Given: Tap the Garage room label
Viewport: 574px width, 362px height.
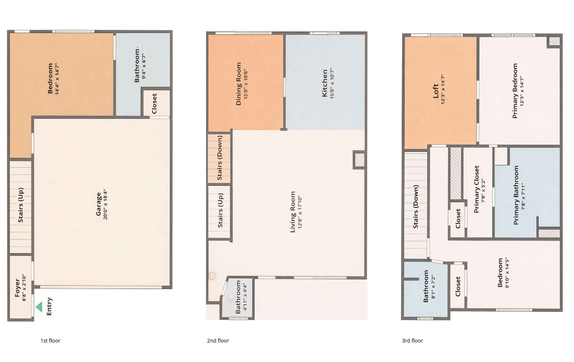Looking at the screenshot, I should tap(98, 204).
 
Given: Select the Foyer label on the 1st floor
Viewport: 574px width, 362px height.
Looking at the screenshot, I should tap(17, 288).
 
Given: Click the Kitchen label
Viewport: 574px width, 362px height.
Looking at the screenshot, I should tap(324, 83).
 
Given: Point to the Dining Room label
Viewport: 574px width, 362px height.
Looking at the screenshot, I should tap(239, 83).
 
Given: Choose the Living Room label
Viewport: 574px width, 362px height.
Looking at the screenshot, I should tap(293, 212).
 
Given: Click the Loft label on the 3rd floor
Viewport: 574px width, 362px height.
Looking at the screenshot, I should tap(435, 91).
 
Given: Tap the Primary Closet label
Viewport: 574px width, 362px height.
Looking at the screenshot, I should tap(477, 189).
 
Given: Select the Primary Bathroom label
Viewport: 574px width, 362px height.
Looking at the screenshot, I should tap(516, 195).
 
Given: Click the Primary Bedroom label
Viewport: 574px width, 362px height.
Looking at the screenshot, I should tap(515, 91).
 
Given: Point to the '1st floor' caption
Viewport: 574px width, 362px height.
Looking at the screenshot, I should tap(50, 341).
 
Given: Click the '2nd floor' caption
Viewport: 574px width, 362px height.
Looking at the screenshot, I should tap(218, 341).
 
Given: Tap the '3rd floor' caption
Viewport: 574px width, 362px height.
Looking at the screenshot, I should tap(412, 341).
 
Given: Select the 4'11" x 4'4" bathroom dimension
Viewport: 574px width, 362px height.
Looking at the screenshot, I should tap(245, 297).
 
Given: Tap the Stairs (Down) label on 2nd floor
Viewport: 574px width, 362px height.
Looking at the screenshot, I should tap(220, 158).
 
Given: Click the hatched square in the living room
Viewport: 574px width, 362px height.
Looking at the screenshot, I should tap(359, 159).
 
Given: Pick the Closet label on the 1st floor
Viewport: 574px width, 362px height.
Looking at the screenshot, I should tap(154, 103).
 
